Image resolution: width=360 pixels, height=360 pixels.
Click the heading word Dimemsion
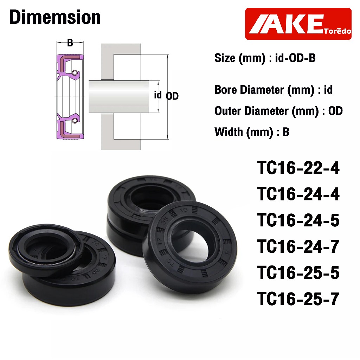pos(55,17)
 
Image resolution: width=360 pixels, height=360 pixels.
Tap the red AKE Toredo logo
pos(298,24)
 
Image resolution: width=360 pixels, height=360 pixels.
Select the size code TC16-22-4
pos(298,168)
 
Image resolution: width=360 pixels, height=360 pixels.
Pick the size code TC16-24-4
pos(298,194)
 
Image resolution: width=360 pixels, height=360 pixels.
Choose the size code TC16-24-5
pos(298,220)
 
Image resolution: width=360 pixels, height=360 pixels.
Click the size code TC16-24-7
pos(298,246)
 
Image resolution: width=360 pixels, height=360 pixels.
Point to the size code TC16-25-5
pos(298,273)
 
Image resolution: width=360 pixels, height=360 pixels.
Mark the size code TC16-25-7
pos(298,299)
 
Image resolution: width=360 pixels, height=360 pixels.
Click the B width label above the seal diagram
pos(70,43)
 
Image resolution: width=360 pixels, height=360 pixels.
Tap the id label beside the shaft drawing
pos(158,95)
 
